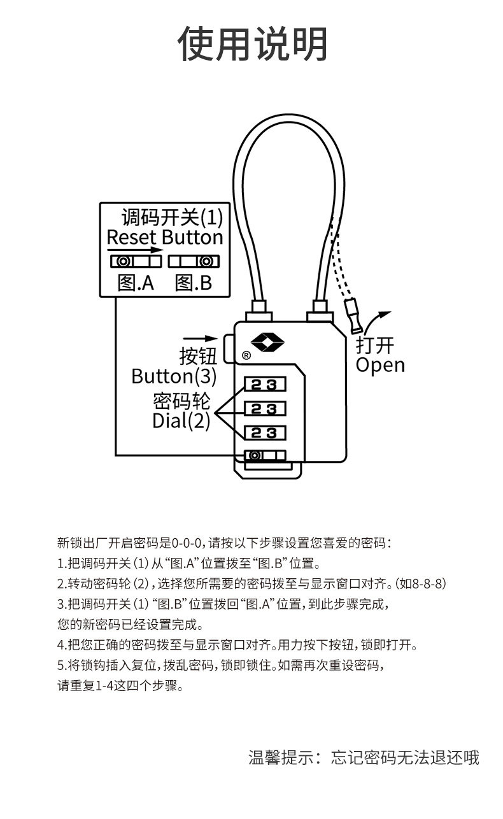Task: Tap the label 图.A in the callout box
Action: [x=136, y=283]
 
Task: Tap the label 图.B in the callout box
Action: [x=193, y=283]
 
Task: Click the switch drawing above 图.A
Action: [x=136, y=261]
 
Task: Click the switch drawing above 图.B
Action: [x=193, y=261]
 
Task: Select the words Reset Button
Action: [x=165, y=238]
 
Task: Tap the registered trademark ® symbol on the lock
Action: [x=246, y=355]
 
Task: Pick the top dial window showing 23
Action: [x=264, y=385]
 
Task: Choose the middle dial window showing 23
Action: [x=264, y=409]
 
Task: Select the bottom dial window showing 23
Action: [x=264, y=433]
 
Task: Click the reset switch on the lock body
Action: [x=264, y=455]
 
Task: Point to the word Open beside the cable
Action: [x=380, y=366]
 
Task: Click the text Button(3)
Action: [x=174, y=376]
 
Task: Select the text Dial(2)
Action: [x=181, y=421]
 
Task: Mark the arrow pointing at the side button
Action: [x=199, y=338]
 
